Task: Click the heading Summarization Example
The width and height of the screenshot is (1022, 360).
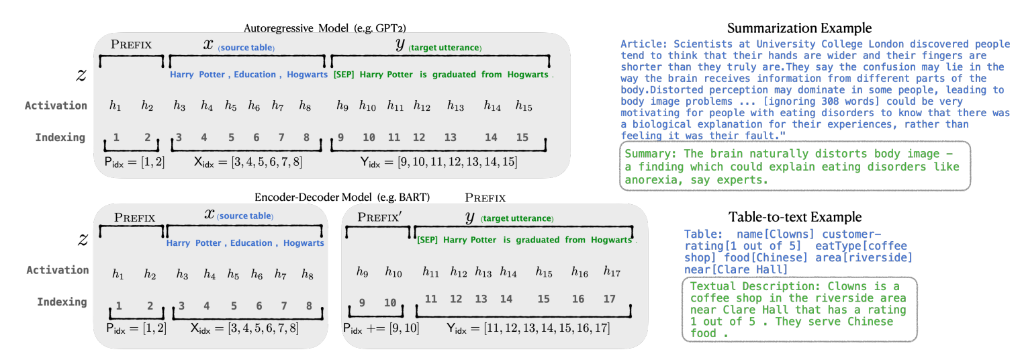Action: [x=799, y=28]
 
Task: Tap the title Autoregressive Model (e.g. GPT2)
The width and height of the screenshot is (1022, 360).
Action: [x=324, y=28]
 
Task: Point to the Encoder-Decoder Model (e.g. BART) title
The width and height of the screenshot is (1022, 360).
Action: [x=342, y=197]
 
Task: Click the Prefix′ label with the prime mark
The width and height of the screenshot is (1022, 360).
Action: [x=379, y=217]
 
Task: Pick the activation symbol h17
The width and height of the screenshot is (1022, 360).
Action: [x=611, y=272]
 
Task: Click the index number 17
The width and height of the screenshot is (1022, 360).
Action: [x=609, y=299]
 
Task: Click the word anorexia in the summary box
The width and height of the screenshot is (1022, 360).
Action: [x=651, y=180]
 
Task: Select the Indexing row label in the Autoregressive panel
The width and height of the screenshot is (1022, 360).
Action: [x=60, y=138]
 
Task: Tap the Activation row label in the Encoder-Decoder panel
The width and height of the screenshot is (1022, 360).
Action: [x=58, y=270]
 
